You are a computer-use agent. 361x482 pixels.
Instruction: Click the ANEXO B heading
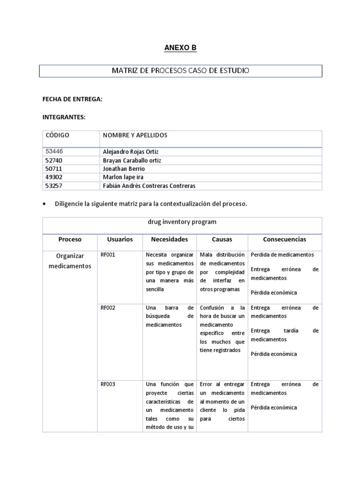[x=180, y=48]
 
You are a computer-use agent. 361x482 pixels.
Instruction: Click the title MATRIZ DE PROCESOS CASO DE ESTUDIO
[x=180, y=71]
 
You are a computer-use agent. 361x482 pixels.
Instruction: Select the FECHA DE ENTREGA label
[x=72, y=100]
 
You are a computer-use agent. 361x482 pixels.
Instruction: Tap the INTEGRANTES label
[x=64, y=117]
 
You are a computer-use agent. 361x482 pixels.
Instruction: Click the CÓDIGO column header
[x=57, y=136]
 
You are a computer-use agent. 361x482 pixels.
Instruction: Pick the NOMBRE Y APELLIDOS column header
[x=135, y=136]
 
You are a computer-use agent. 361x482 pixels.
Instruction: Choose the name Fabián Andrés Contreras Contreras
[x=149, y=186]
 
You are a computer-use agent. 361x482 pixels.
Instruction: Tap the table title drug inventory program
[x=182, y=222]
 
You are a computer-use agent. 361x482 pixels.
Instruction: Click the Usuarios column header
[x=119, y=239]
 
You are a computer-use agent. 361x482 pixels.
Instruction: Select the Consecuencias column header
[x=284, y=239]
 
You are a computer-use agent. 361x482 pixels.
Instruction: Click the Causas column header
[x=222, y=239]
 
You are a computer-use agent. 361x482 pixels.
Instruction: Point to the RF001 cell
[x=108, y=255]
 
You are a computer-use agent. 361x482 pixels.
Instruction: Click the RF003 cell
[x=108, y=384]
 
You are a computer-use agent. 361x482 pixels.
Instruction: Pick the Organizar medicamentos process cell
[x=69, y=261]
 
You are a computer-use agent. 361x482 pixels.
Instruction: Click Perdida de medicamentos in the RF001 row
[x=282, y=255]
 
